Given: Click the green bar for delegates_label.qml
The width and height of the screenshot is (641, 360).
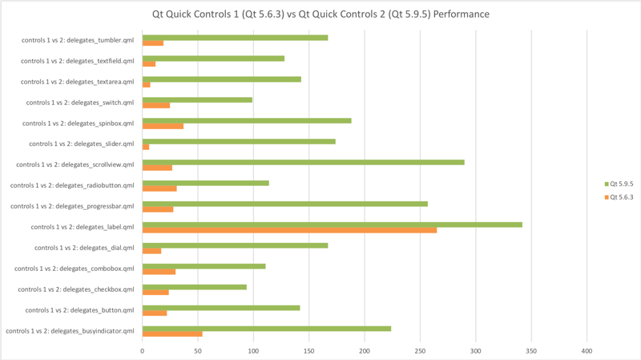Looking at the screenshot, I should [x=332, y=224].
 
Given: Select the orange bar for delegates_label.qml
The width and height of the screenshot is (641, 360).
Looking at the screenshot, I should [x=289, y=230].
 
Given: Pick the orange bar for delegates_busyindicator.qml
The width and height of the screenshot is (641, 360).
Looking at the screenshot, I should [x=172, y=334].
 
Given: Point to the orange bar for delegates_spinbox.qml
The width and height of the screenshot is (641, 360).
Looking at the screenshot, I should [x=163, y=126].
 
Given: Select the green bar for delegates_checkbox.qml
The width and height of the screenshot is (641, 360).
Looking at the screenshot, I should [x=195, y=286].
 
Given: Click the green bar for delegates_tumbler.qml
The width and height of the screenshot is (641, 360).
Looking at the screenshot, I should [x=235, y=38].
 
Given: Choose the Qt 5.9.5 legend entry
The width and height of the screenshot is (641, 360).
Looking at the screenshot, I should [x=619, y=184].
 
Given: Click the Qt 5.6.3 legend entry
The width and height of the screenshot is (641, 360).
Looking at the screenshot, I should [x=619, y=196].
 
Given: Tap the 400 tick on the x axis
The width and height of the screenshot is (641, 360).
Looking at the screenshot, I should [x=587, y=350].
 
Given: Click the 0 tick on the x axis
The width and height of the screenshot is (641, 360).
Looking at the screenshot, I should [x=143, y=350].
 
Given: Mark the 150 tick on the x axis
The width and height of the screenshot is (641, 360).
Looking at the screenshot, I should [x=309, y=350].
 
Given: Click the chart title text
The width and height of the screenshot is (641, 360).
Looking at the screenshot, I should [x=320, y=14].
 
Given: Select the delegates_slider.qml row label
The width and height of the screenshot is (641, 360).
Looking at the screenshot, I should [x=81, y=144].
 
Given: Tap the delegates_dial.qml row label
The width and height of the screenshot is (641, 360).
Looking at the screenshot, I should [x=84, y=248].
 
